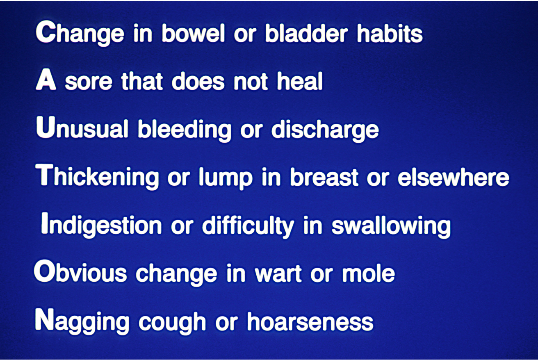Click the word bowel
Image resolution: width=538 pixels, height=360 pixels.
(194, 33)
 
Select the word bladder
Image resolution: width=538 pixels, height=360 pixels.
(306, 33)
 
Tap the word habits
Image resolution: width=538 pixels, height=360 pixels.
(390, 33)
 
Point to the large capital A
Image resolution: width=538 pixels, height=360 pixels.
(46, 80)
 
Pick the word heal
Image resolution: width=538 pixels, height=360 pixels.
(300, 81)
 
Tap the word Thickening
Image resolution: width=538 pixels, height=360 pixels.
(97, 177)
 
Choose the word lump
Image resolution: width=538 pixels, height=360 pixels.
(226, 178)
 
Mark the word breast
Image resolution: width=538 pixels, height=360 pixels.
(324, 177)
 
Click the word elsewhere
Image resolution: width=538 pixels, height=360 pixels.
(454, 177)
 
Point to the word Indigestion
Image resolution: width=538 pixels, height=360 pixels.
(102, 225)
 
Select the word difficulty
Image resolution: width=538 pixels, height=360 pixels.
(248, 226)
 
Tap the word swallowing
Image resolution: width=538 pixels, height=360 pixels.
(391, 226)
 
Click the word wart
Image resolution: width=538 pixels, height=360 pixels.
(278, 274)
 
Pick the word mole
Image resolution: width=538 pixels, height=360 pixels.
(368, 273)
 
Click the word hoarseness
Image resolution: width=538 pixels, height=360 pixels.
(310, 321)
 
